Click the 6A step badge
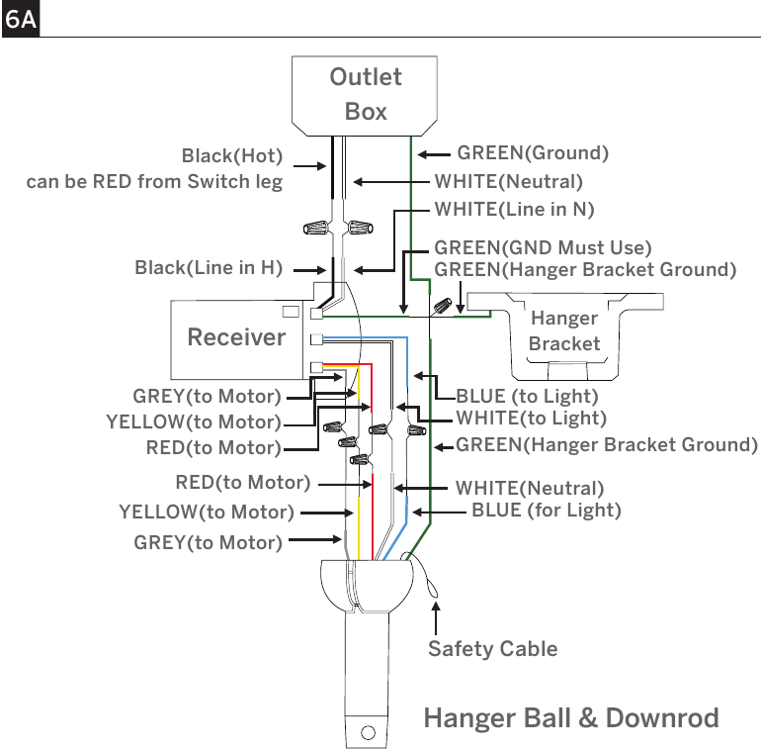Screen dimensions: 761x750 21,19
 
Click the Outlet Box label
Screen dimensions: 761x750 366,94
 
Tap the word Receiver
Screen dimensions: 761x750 236,337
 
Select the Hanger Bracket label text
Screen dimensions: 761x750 564,330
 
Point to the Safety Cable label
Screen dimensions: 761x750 492,649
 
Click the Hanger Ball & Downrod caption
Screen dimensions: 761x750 571,718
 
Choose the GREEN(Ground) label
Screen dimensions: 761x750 533,153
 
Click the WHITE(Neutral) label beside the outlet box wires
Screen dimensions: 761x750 509,182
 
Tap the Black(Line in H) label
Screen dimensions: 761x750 209,268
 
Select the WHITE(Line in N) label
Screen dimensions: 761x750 515,210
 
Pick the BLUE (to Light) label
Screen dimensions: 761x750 527,397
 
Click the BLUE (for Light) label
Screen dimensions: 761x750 547,510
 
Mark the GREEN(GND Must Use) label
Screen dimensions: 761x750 543,247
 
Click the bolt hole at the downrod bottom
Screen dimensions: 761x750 368,732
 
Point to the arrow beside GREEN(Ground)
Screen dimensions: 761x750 434,155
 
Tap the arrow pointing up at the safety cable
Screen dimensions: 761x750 436,618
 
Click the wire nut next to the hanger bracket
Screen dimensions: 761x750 442,306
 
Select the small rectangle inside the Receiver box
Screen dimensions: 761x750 291,312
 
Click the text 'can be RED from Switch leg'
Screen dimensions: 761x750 154,182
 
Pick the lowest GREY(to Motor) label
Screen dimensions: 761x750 208,542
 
